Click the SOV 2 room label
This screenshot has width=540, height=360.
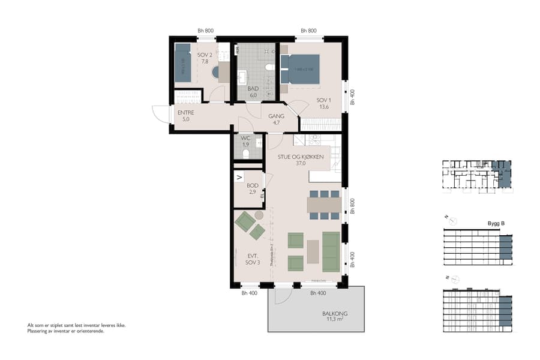pyautogui.click(x=205, y=58)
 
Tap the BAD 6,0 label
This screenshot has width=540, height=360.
pyautogui.click(x=253, y=91)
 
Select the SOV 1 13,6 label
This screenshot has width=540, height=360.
pyautogui.click(x=324, y=103)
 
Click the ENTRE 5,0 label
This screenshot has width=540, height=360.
pyautogui.click(x=185, y=116)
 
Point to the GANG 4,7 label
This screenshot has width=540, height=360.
pyautogui.click(x=276, y=119)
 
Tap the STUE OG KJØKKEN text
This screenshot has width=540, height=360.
pyautogui.click(x=300, y=157)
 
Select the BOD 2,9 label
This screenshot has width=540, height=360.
pyautogui.click(x=252, y=189)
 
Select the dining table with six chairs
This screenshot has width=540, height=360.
pyautogui.click(x=324, y=205)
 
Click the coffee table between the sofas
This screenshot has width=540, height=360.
pyautogui.click(x=313, y=250)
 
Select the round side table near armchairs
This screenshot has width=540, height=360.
pyautogui.click(x=259, y=215)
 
